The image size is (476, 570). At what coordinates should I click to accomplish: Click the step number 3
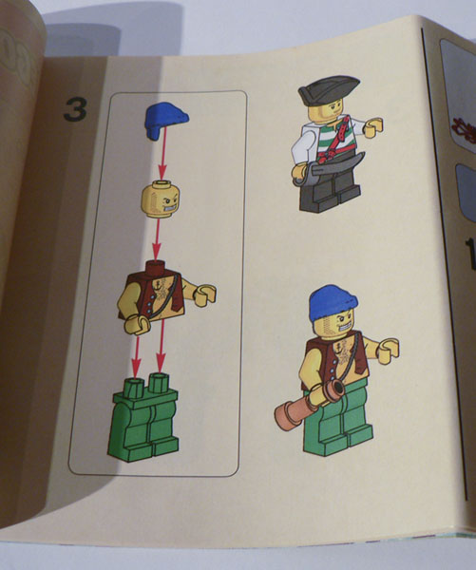pyautogui.click(x=75, y=109)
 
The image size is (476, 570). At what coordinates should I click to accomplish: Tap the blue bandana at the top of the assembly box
pyautogui.click(x=166, y=120)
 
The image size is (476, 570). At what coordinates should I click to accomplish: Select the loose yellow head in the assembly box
pyautogui.click(x=161, y=199)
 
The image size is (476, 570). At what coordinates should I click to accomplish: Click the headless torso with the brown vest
pyautogui.click(x=166, y=296)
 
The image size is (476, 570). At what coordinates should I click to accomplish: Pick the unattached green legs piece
pyautogui.click(x=143, y=417)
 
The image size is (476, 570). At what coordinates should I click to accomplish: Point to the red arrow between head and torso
pyautogui.click(x=157, y=238)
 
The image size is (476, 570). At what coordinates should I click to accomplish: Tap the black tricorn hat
pyautogui.click(x=329, y=91)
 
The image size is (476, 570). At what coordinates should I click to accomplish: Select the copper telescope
pyautogui.click(x=310, y=403)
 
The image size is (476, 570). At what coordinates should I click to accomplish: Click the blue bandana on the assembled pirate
pyautogui.click(x=333, y=302)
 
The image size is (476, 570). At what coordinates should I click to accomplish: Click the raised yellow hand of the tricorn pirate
pyautogui.click(x=373, y=127)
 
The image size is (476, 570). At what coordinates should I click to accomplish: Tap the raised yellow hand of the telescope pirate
pyautogui.click(x=388, y=351)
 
